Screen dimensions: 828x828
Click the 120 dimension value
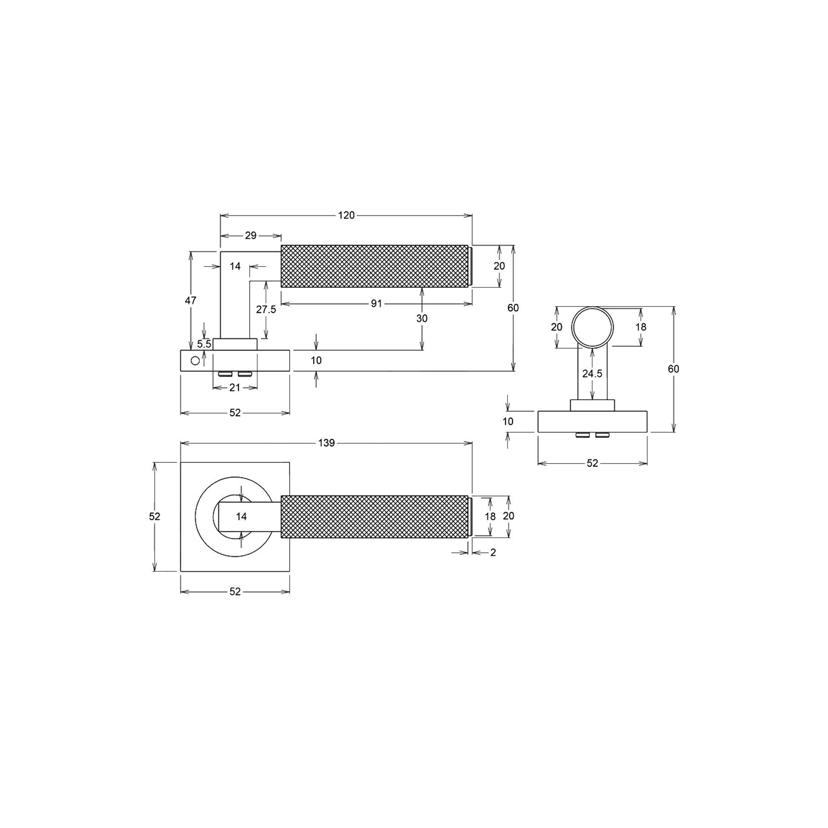pyautogui.click(x=346, y=215)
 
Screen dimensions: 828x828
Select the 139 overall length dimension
pyautogui.click(x=327, y=443)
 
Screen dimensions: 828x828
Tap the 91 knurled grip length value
pyautogui.click(x=376, y=304)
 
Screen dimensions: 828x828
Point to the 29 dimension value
pyautogui.click(x=250, y=236)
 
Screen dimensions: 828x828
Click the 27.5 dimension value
pyautogui.click(x=266, y=310)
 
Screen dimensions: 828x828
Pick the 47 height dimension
pyautogui.click(x=191, y=300)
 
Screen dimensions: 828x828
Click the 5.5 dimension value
pyautogui.click(x=204, y=344)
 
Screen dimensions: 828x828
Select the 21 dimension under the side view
pyautogui.click(x=235, y=388)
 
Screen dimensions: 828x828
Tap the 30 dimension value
pyautogui.click(x=421, y=319)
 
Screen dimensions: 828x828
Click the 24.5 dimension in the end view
pyautogui.click(x=592, y=374)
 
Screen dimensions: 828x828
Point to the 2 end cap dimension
pyautogui.click(x=493, y=553)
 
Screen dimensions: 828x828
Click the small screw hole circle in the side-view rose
pyautogui.click(x=195, y=361)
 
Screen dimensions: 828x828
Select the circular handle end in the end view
pyautogui.click(x=592, y=327)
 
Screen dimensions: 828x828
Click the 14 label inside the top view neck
pyautogui.click(x=241, y=517)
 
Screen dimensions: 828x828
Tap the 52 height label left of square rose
pyautogui.click(x=155, y=516)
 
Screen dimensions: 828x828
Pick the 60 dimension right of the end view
pyautogui.click(x=673, y=369)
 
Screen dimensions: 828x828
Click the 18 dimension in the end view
pyautogui.click(x=641, y=327)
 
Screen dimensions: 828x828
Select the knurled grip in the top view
pyautogui.click(x=374, y=517)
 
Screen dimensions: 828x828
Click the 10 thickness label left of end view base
pyautogui.click(x=508, y=421)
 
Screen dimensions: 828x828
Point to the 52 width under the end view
pyautogui.click(x=592, y=463)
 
